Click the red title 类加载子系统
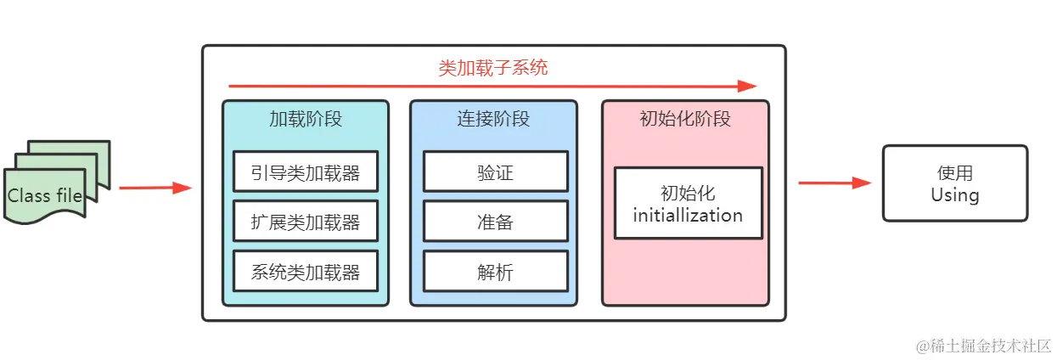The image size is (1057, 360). tap(493, 68)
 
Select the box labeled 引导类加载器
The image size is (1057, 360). tap(305, 172)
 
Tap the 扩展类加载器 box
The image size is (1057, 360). tap(305, 222)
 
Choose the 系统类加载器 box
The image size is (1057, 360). tap(305, 272)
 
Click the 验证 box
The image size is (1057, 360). tap(495, 172)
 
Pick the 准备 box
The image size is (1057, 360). tap(495, 222)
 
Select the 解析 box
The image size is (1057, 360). tap(495, 272)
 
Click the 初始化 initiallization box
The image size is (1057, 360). tap(688, 203)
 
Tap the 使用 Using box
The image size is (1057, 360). tap(954, 183)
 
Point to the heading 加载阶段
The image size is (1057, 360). tap(305, 119)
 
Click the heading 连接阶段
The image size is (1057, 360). tap(493, 119)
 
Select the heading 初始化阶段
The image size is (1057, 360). tap(685, 119)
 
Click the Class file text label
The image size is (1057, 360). tap(45, 196)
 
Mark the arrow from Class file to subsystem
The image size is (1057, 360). tap(155, 188)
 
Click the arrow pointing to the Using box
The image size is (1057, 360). tap(835, 183)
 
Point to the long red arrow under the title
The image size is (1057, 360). tap(492, 86)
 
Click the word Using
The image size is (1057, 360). tap(954, 194)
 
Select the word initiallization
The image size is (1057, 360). tap(688, 215)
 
